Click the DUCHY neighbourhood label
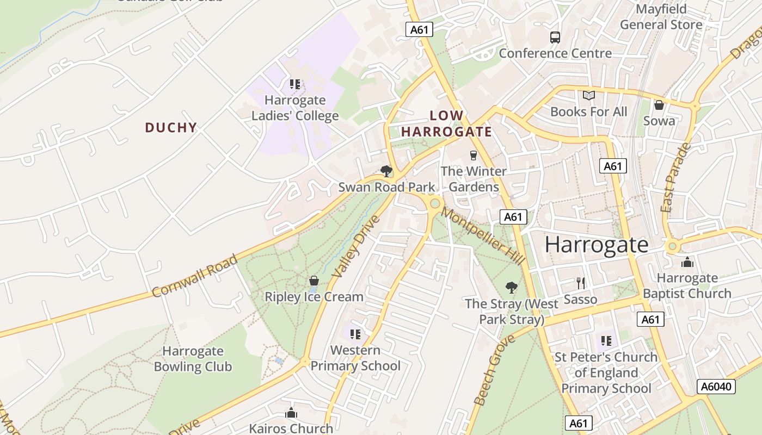[170, 128]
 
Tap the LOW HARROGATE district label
[446, 123]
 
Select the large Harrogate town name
[597, 245]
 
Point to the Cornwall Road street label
[194, 276]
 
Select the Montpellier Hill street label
[482, 236]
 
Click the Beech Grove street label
[494, 370]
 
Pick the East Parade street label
[675, 177]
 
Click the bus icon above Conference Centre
[555, 38]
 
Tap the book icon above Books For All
[589, 96]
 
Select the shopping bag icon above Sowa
[659, 105]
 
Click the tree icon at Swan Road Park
[386, 171]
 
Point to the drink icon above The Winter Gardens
[473, 156]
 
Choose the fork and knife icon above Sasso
[581, 283]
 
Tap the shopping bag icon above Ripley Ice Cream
[314, 281]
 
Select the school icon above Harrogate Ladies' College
[295, 84]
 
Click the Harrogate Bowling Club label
[193, 359]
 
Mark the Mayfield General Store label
[661, 17]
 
